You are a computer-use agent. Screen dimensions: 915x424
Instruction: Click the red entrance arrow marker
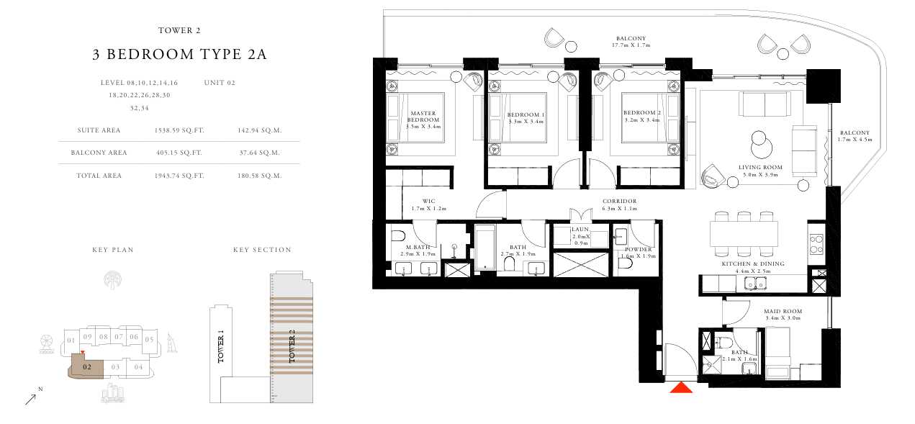click(x=681, y=387)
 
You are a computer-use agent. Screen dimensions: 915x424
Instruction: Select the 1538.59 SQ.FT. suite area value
click(x=179, y=130)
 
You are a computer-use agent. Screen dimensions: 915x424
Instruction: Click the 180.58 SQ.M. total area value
click(x=259, y=176)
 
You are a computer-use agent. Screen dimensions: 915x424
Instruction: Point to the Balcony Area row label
click(x=99, y=153)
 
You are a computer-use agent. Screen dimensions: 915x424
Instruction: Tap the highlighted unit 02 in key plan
click(x=86, y=366)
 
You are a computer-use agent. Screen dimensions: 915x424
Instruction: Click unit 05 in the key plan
click(x=149, y=340)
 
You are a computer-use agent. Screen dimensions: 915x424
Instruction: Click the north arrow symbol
click(x=31, y=399)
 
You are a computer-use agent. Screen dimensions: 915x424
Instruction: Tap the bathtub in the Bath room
click(x=485, y=247)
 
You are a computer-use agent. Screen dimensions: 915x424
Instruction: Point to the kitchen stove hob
click(x=816, y=244)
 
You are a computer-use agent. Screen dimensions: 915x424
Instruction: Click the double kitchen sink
click(x=755, y=283)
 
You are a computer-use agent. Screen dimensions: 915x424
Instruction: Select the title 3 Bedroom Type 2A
click(x=179, y=54)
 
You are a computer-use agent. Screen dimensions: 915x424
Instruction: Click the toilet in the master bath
click(x=398, y=236)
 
